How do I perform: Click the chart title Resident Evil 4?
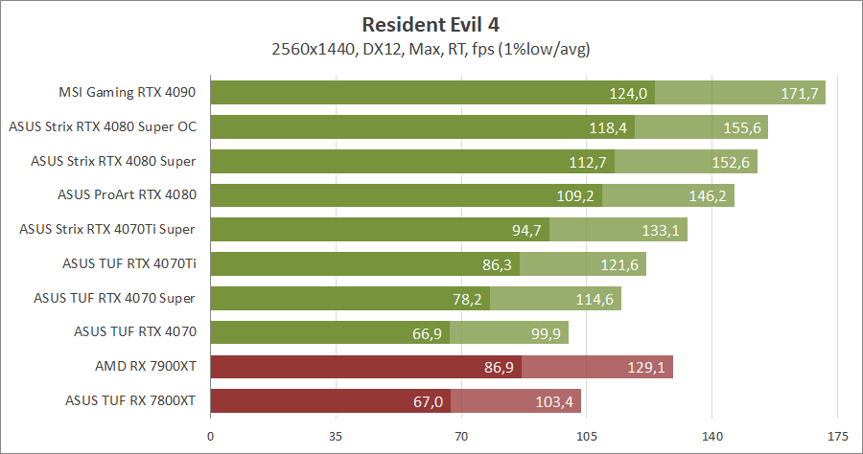coord(431,23)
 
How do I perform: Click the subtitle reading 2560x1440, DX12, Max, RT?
coord(431,48)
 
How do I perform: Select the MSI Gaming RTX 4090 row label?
coord(127,93)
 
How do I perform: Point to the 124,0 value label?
coord(629,93)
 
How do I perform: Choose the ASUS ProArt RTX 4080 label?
coord(127,195)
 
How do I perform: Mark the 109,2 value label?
coord(576,195)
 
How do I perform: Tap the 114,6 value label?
coord(595,298)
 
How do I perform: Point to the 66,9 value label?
coord(424,332)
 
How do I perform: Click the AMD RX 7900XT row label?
coord(146,367)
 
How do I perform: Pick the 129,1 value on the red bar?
coord(647,367)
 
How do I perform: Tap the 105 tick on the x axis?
coord(587,435)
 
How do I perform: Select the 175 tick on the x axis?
coord(837,435)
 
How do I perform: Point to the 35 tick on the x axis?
coord(336,435)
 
